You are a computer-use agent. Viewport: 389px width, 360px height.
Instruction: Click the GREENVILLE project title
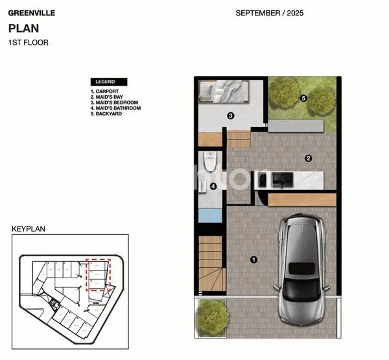[x=31, y=12]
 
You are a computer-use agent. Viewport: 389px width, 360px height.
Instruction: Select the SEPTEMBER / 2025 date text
[x=269, y=13]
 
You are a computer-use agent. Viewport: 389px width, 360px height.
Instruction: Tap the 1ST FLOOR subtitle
[x=28, y=43]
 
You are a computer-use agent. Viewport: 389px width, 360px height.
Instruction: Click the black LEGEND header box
[x=109, y=82]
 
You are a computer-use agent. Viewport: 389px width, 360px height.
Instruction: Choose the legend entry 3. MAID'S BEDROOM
[x=115, y=102]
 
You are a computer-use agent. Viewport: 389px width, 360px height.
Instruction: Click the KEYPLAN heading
[x=28, y=229]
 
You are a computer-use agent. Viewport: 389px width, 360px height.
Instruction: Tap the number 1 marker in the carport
[x=253, y=260]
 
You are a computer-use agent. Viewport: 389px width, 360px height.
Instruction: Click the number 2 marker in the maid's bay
[x=309, y=158]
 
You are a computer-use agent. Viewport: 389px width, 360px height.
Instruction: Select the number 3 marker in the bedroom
[x=230, y=116]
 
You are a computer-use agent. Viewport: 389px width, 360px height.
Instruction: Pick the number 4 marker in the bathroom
[x=213, y=187]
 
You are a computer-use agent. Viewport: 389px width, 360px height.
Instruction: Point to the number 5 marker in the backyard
[x=303, y=99]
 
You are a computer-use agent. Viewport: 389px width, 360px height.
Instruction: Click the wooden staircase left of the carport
[x=211, y=263]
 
